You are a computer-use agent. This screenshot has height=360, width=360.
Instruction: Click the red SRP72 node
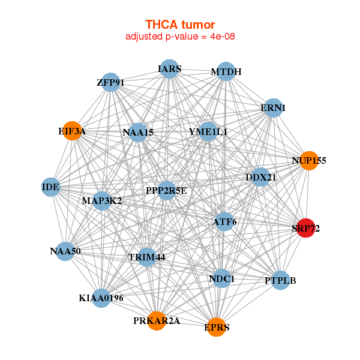pyautogui.click(x=306, y=228)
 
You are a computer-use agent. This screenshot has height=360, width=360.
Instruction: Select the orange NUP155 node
pyautogui.click(x=309, y=161)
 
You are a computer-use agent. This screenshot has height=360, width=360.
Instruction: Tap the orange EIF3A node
pyautogui.click(x=73, y=131)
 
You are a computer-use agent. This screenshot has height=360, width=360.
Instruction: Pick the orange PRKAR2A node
pyautogui.click(x=157, y=320)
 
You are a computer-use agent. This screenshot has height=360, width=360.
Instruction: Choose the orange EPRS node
pyautogui.click(x=216, y=327)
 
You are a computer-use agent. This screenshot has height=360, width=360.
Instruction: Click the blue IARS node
pyautogui.click(x=170, y=69)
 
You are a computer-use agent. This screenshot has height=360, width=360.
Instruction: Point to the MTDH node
pyautogui.click(x=226, y=72)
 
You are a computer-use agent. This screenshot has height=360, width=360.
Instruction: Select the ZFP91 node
pyautogui.click(x=110, y=82)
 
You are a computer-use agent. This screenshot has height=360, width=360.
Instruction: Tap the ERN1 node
pyautogui.click(x=273, y=108)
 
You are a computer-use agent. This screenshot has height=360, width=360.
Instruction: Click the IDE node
pyautogui.click(x=50, y=187)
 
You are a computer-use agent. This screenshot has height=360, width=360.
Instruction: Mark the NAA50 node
pyautogui.click(x=65, y=251)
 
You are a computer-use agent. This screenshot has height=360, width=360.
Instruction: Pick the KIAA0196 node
pyautogui.click(x=101, y=298)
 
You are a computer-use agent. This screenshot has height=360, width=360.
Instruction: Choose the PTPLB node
pyautogui.click(x=280, y=280)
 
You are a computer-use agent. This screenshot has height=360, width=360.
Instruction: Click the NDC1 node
pyautogui.click(x=222, y=278)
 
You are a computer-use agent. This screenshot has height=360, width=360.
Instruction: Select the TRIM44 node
pyautogui.click(x=146, y=257)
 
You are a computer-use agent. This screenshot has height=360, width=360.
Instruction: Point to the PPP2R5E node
pyautogui.click(x=167, y=191)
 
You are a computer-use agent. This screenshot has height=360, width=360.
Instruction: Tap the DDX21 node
pyautogui.click(x=260, y=178)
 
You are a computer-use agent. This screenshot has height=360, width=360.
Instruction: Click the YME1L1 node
pyautogui.click(x=208, y=131)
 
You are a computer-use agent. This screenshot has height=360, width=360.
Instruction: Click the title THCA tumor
pyautogui.click(x=180, y=25)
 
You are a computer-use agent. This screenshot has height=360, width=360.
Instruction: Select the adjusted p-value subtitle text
pyautogui.click(x=180, y=37)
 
